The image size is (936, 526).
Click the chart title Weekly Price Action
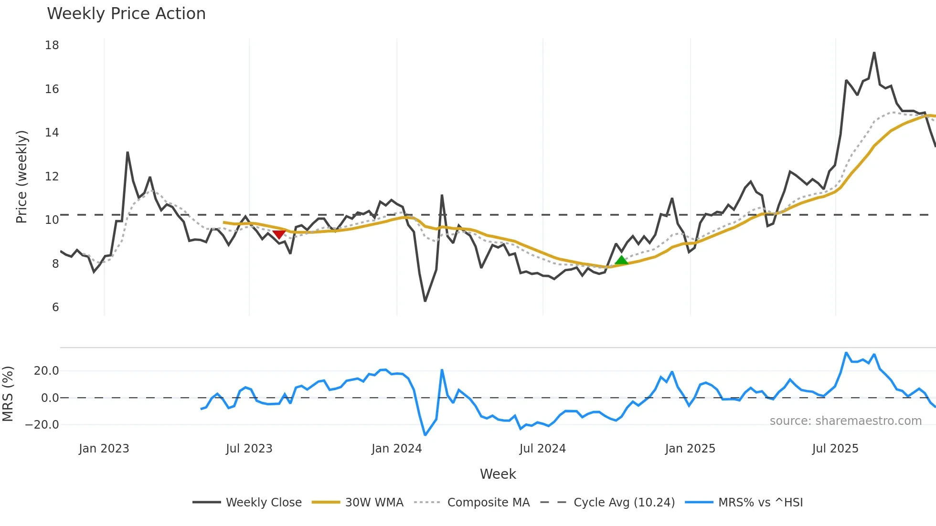click(126, 14)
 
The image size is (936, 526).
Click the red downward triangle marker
click(279, 234)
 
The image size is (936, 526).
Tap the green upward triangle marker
click(621, 260)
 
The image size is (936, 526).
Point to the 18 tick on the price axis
click(52, 45)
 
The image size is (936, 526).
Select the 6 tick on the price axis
click(55, 307)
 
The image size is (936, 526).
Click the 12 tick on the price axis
click(52, 177)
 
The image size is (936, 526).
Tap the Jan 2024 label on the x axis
click(396, 449)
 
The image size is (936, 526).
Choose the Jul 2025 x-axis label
click(835, 449)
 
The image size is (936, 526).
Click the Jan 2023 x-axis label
click(104, 449)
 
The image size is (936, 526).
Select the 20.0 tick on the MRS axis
click(46, 371)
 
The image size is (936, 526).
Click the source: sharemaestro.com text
click(845, 421)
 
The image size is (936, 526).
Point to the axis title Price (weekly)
click(21, 177)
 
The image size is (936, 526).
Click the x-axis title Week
click(498, 474)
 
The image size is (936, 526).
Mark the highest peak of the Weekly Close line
click(874, 53)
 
